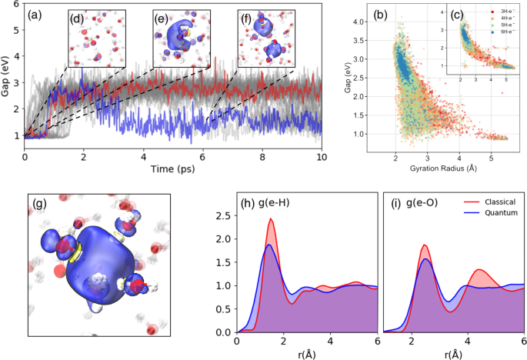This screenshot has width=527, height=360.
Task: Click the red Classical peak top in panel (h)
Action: [x=271, y=219]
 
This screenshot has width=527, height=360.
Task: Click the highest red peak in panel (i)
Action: [x=424, y=245]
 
